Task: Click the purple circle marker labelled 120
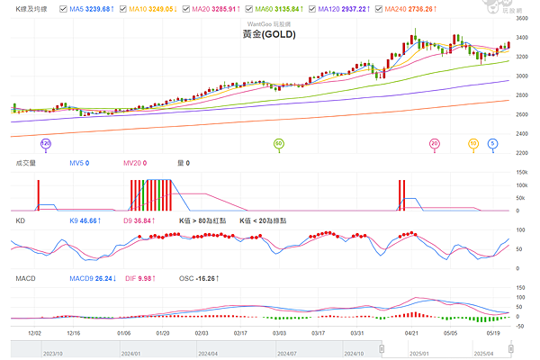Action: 46,143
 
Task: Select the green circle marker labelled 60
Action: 279,143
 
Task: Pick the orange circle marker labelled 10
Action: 473,143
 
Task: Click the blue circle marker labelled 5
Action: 493,143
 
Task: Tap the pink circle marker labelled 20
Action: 435,143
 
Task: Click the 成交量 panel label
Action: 25,163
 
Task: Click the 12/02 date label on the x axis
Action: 35,332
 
